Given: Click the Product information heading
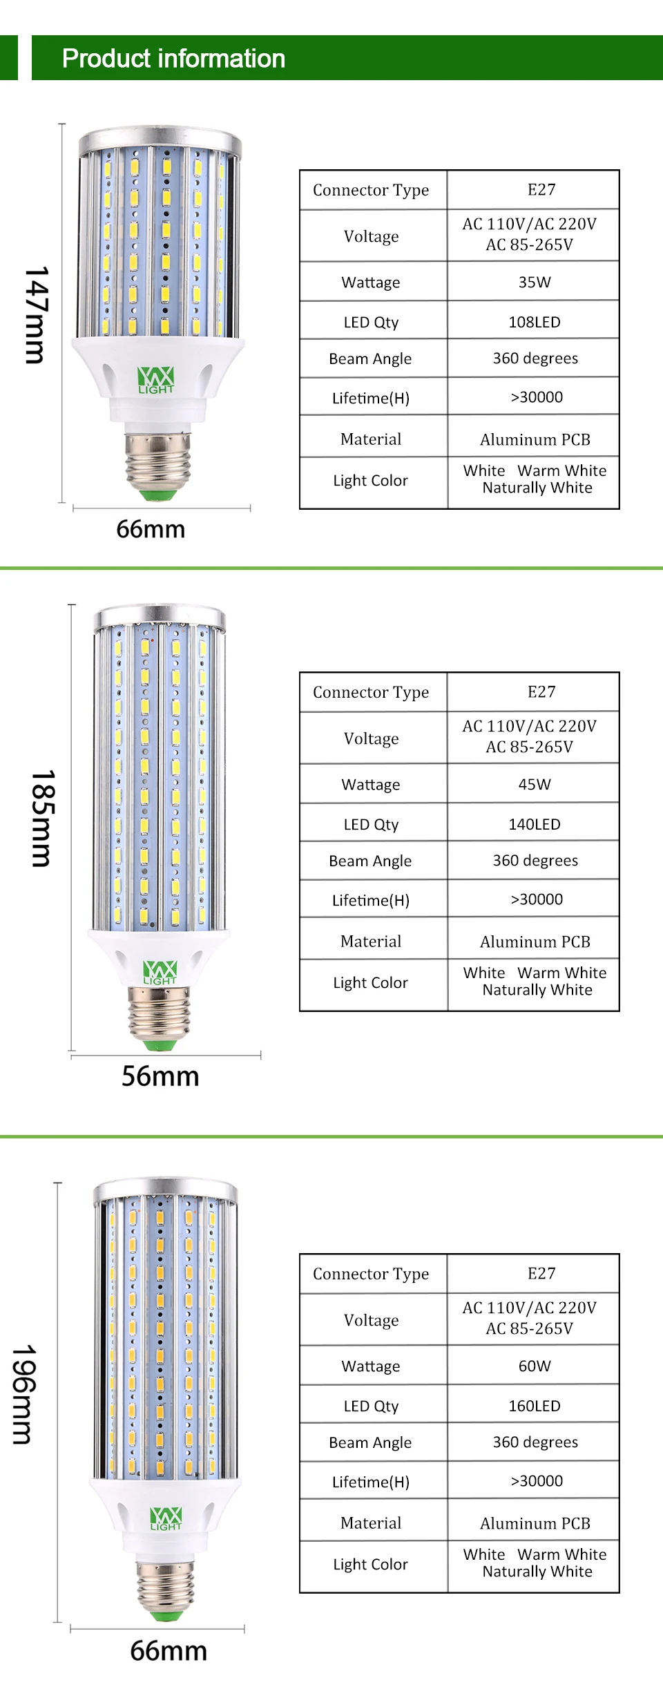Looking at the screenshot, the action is (173, 59).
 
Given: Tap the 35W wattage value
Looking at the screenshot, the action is (535, 282).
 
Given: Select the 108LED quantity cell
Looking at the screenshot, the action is (535, 322).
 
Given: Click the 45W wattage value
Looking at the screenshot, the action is (535, 784).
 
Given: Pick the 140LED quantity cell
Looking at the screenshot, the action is (535, 824).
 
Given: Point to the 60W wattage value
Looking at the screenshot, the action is (535, 1366).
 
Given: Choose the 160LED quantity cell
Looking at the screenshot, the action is (535, 1406).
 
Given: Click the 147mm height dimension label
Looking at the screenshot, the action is (36, 315).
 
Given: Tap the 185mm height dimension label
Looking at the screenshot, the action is (42, 819).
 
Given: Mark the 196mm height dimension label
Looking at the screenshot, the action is (23, 1394).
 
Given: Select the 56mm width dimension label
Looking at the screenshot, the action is (160, 1076).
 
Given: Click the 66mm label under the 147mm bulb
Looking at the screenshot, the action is (151, 529).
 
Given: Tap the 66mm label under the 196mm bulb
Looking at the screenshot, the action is (169, 1651).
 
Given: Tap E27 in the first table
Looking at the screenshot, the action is (541, 189).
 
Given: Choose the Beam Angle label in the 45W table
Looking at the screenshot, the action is (370, 861).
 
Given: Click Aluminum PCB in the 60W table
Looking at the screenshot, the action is (535, 1523).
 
